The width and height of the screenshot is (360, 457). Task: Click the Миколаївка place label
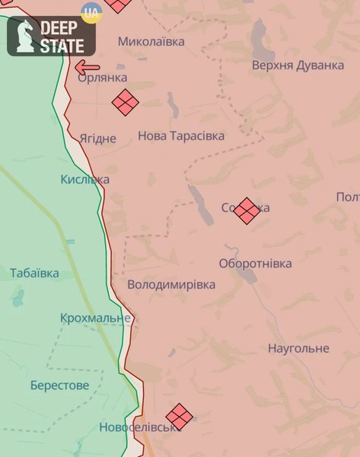pos(151,41)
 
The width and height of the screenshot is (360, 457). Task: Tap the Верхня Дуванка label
pos(298,66)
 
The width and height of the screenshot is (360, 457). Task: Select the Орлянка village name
pos(102,78)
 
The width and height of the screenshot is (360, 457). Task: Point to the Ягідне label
pos(98,139)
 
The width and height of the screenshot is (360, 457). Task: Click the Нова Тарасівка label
pos(181,136)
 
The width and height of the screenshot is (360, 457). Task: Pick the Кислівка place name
pos(84,180)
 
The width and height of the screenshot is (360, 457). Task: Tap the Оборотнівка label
pos(255,264)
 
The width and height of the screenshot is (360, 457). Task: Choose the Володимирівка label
pos(171,285)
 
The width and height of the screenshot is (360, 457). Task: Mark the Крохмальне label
pos(96,318)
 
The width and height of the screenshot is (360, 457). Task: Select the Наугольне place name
pos(298,348)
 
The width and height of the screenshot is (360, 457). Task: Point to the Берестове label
pos(59,385)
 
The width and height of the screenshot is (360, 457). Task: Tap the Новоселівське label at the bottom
pos(138,428)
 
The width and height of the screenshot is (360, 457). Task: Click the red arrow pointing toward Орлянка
pos(86,67)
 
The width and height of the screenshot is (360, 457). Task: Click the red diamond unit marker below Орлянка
pos(126,102)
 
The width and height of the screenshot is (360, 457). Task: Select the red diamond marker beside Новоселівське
pos(179,417)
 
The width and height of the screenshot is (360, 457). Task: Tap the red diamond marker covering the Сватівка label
pos(246,211)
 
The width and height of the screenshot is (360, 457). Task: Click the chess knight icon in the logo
pos(23,36)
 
